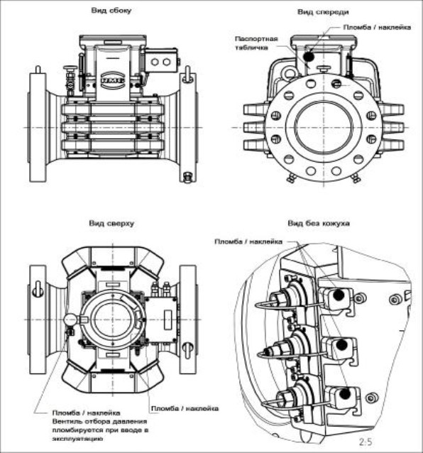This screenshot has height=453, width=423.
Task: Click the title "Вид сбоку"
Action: (111, 11)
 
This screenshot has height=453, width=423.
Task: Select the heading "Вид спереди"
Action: (323, 12)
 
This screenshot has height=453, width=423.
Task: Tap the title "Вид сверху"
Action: (111, 224)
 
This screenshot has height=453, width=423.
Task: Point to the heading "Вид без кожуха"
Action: (319, 224)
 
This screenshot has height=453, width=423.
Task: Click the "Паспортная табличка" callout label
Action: (256, 43)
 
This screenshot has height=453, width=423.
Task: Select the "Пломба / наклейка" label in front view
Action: (377, 28)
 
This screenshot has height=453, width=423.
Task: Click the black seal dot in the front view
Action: (309, 57)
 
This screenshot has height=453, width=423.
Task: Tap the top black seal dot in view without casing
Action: (339, 295)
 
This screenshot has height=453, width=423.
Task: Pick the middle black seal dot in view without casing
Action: (341, 344)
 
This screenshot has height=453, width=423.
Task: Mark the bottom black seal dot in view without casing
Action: (345, 394)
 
